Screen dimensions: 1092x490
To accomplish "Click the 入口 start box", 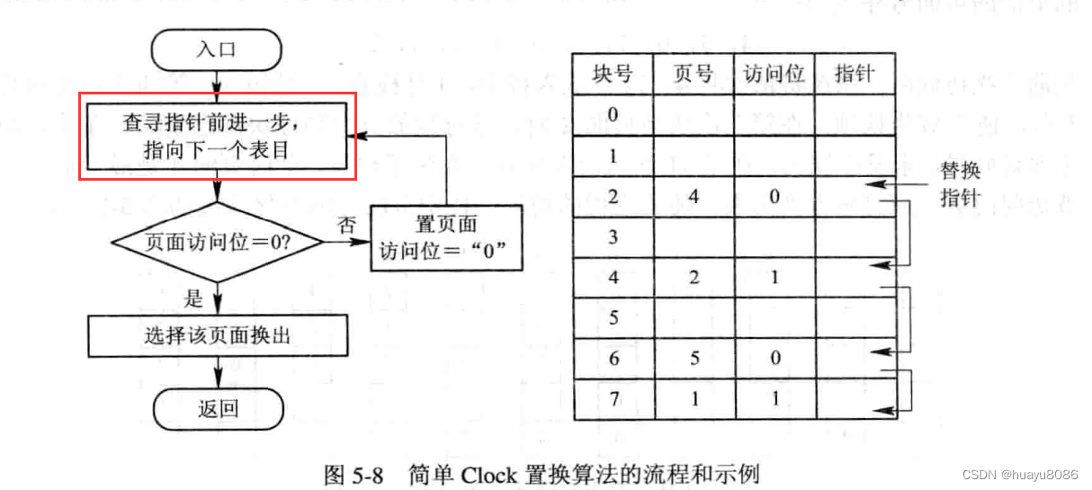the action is [x=216, y=49].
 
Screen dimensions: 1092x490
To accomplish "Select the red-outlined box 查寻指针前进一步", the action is [x=216, y=136].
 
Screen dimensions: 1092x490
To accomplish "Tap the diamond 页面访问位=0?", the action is [x=216, y=241].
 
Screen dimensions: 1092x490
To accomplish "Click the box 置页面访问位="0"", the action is [x=445, y=238].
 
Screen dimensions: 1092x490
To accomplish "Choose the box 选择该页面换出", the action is [x=216, y=336].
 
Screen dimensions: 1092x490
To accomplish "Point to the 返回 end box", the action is [x=216, y=408].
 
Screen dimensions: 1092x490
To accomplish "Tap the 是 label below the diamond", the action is [x=193, y=297].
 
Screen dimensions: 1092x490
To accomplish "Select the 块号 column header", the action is [x=612, y=74].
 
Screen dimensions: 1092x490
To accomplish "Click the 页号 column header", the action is [x=692, y=74].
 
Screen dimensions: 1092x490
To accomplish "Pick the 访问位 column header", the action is [x=774, y=74].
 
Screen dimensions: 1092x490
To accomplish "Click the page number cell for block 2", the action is [x=692, y=197].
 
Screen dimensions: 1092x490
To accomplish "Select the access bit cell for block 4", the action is [x=774, y=278].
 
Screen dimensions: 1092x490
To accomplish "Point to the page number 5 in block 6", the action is [x=692, y=358].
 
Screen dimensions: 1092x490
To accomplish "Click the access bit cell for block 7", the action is [x=774, y=399].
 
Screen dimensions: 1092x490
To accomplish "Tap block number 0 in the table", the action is [x=612, y=114].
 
